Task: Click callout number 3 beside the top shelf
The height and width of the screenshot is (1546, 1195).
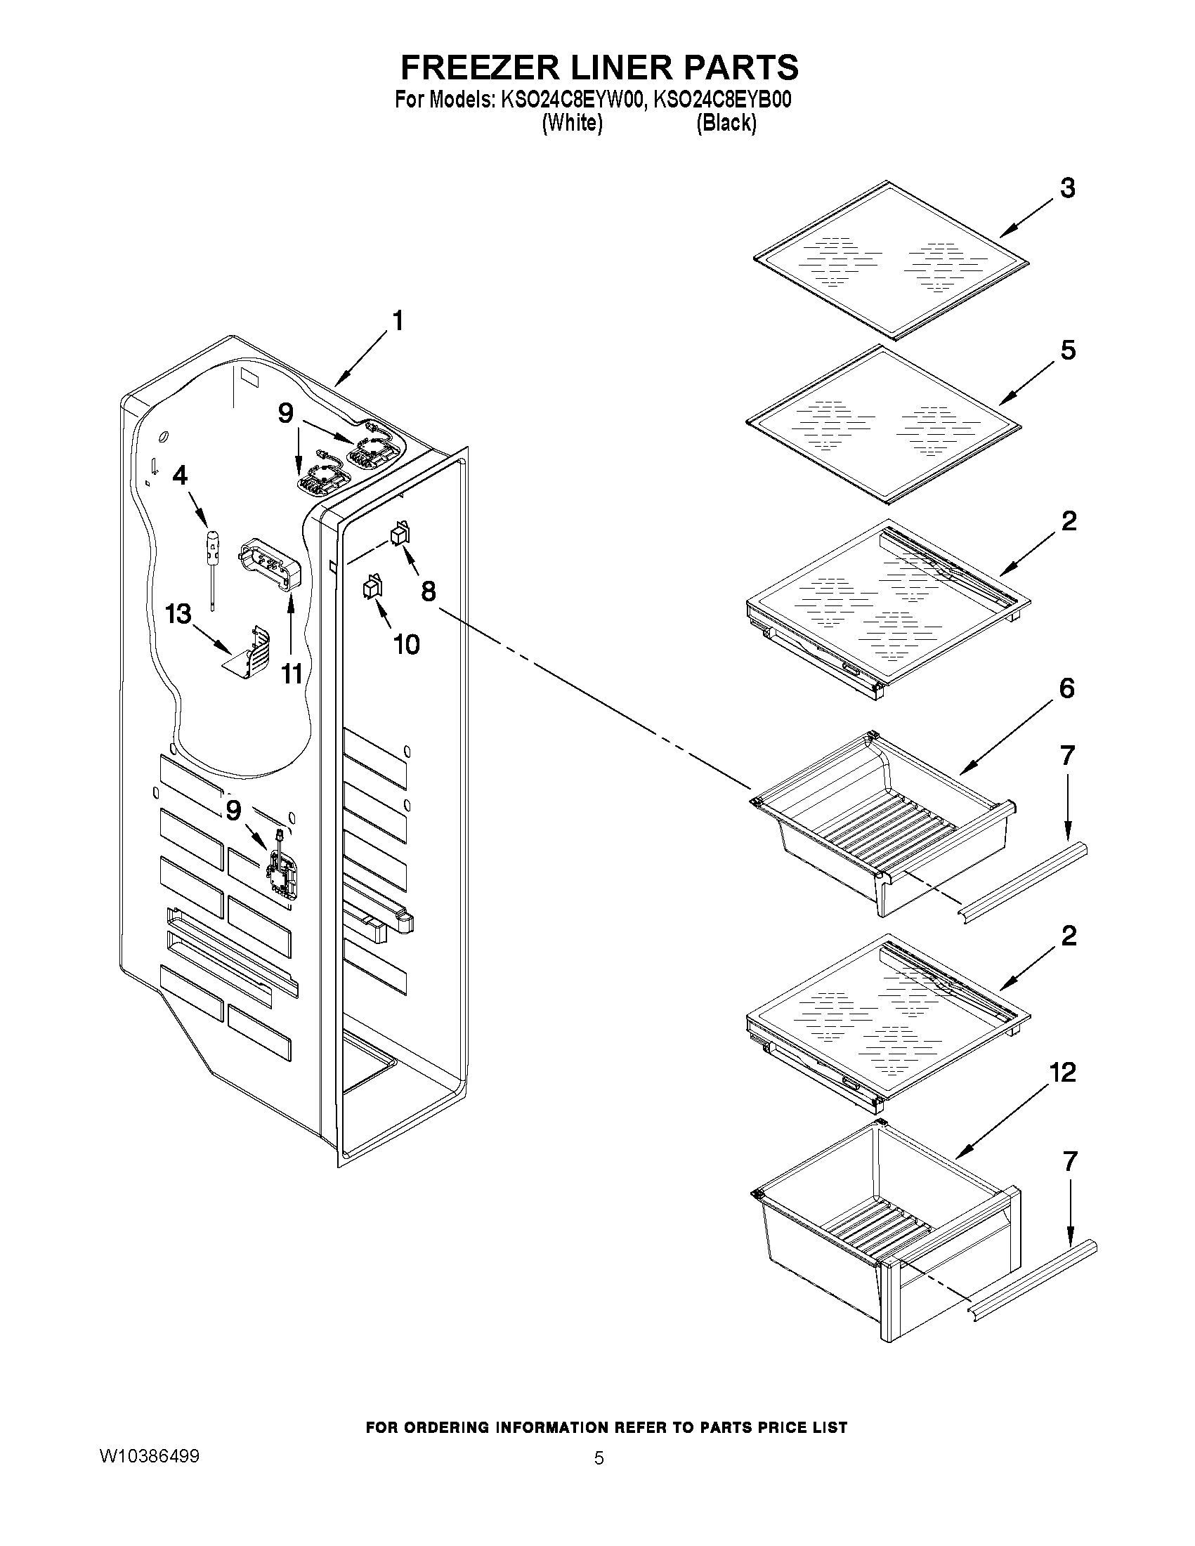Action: (x=1067, y=189)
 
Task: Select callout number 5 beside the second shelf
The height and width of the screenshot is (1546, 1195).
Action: (x=1068, y=351)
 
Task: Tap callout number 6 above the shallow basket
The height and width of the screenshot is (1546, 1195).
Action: (x=1066, y=688)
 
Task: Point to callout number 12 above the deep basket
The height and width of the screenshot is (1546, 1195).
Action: (x=1062, y=1073)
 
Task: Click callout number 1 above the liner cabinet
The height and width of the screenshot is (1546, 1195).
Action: (x=398, y=322)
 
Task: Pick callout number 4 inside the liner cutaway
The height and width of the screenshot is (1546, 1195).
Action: (x=181, y=476)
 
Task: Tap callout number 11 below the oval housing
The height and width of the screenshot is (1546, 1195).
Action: (x=292, y=674)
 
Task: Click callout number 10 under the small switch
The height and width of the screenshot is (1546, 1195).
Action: (x=406, y=644)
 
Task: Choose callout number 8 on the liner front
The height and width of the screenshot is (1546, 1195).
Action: (x=429, y=591)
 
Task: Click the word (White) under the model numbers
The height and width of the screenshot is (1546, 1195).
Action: (x=572, y=123)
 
